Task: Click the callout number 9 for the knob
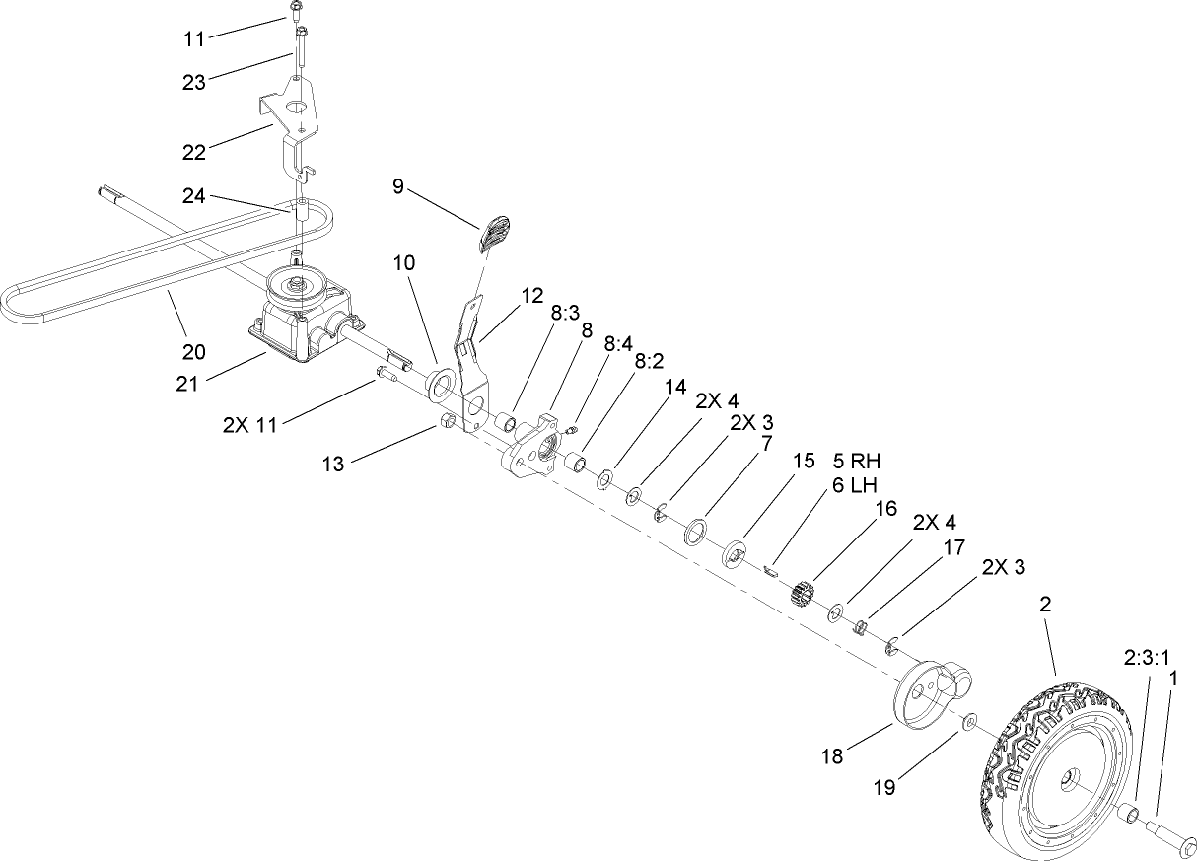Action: coord(398,186)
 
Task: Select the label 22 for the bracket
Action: coord(193,152)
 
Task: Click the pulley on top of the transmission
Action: coord(296,286)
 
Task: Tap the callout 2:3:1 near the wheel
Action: coord(1146,655)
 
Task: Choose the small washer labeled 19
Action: coord(970,724)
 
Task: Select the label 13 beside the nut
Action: coord(333,464)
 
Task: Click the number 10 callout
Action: coord(404,263)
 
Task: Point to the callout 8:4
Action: coord(617,344)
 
